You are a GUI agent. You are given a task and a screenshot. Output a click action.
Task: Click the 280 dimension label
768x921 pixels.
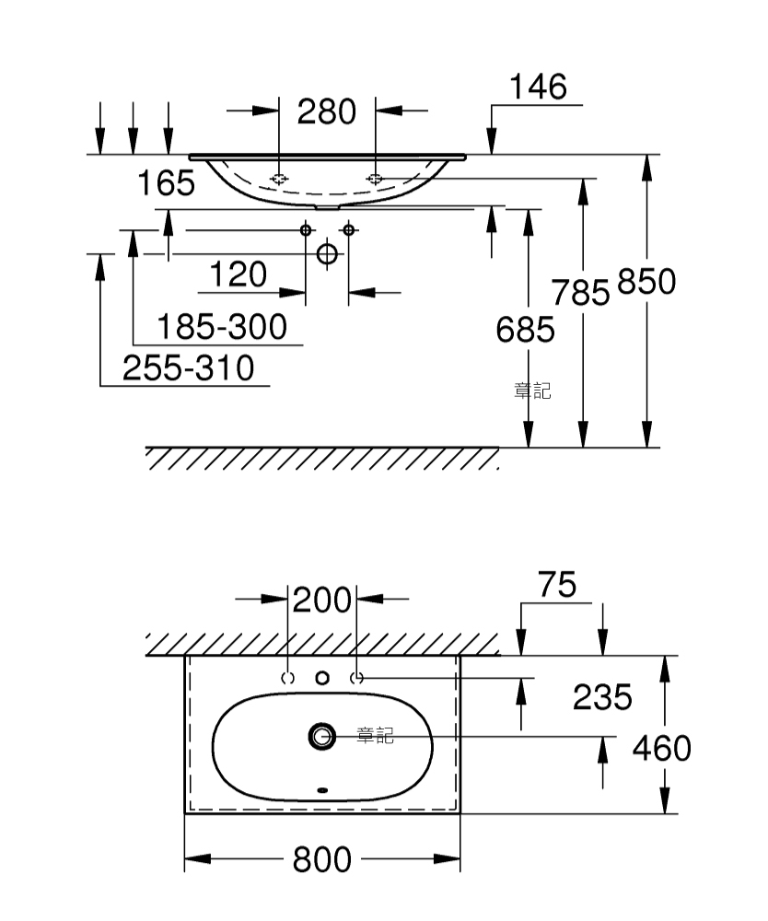[x=327, y=111]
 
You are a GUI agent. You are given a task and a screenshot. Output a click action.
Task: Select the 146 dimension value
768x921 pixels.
[x=538, y=87]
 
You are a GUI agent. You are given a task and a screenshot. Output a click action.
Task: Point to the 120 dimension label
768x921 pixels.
[x=239, y=274]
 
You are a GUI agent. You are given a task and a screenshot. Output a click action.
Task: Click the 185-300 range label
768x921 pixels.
[x=223, y=327]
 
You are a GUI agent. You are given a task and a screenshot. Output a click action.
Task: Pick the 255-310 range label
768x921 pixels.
[x=189, y=368]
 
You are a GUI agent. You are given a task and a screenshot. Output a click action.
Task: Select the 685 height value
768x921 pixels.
[x=526, y=330]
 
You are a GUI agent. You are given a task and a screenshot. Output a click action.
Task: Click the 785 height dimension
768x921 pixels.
[x=580, y=293]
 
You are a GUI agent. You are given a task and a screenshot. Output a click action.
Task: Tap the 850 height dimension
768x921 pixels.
[x=646, y=281]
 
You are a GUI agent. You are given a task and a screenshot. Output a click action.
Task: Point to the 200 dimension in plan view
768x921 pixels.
[x=321, y=600]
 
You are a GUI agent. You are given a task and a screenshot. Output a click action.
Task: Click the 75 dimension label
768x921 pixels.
[x=557, y=585]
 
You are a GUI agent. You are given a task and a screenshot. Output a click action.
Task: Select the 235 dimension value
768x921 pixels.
[x=602, y=697]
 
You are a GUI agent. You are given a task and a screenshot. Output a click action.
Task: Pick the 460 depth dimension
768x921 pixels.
[x=662, y=748]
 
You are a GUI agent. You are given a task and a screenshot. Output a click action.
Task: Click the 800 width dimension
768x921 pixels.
[x=321, y=860]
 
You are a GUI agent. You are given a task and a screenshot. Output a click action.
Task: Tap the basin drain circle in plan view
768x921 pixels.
[x=322, y=736]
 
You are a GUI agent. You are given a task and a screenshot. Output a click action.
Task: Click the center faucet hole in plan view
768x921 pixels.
[x=322, y=679]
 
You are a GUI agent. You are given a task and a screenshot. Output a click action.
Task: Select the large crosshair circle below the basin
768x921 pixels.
[x=328, y=254]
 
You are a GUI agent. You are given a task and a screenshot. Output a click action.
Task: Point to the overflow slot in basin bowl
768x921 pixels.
[x=322, y=790]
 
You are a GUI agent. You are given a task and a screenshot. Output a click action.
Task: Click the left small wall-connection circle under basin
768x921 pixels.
[x=306, y=229]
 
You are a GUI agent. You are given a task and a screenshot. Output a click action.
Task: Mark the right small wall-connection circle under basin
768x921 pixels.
[x=349, y=229]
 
